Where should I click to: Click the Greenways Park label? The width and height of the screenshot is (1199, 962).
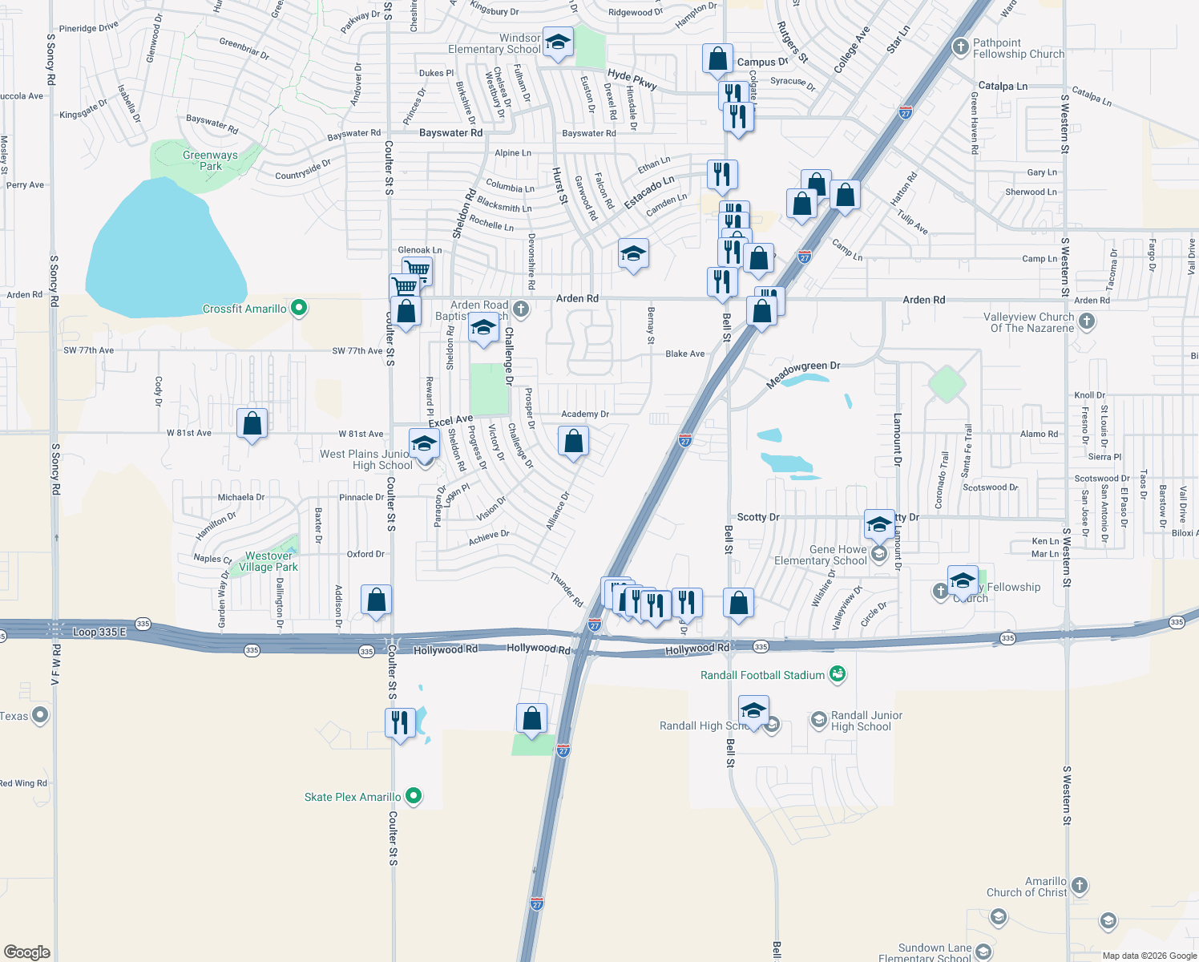pyautogui.click(x=210, y=160)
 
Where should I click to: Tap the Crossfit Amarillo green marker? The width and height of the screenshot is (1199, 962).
pyautogui.click(x=299, y=308)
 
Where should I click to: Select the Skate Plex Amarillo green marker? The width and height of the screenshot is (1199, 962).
pyautogui.click(x=414, y=796)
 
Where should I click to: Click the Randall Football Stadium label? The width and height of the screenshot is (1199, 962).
pyautogui.click(x=762, y=675)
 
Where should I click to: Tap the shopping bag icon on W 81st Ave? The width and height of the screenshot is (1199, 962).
pyautogui.click(x=252, y=423)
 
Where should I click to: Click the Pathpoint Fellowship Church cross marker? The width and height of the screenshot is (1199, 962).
pyautogui.click(x=961, y=46)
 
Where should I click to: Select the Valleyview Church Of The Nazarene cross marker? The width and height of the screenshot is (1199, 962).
pyautogui.click(x=1087, y=321)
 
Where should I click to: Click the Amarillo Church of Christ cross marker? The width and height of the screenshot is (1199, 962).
pyautogui.click(x=1080, y=886)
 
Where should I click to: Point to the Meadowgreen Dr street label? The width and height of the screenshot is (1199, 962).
pyautogui.click(x=803, y=375)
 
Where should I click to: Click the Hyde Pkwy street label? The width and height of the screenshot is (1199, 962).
pyautogui.click(x=632, y=79)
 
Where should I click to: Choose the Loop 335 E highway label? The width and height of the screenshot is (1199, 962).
pyautogui.click(x=99, y=632)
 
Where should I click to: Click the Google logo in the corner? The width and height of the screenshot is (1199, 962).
pyautogui.click(x=26, y=952)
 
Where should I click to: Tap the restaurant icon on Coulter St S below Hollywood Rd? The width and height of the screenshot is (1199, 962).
pyautogui.click(x=399, y=722)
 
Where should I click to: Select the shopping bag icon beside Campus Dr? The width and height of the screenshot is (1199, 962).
pyautogui.click(x=717, y=59)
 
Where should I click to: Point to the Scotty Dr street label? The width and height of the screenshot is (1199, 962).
pyautogui.click(x=757, y=517)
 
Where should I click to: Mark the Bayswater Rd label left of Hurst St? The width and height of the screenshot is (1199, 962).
pyautogui.click(x=450, y=132)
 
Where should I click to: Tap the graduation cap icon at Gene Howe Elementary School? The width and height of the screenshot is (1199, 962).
pyautogui.click(x=879, y=524)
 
